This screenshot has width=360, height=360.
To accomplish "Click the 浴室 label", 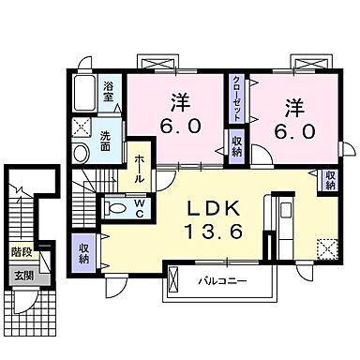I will click(109, 90).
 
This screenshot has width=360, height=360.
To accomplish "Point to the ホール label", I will click(140, 167).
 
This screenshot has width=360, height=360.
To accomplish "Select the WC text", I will click(139, 206).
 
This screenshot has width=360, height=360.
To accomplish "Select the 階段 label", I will click(20, 252).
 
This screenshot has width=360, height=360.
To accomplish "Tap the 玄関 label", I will click(20, 275).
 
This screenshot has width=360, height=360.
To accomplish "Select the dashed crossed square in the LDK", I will click(326, 247).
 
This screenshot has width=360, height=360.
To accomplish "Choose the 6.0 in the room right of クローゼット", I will click(294, 131).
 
